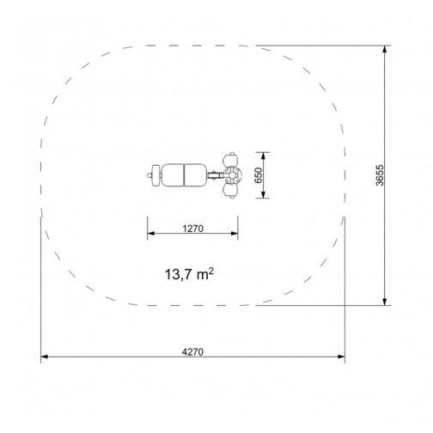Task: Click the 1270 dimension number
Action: [193, 229]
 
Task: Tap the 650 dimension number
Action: [259, 175]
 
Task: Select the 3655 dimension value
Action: [380, 175]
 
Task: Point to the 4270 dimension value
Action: [192, 351]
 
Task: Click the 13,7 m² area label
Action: [189, 274]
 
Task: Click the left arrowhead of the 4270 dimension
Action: [45, 357]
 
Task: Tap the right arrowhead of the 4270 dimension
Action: [341, 357]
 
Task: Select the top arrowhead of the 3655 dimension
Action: [385, 49]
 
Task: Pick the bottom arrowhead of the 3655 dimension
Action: [385, 302]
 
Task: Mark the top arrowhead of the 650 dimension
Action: [263, 156]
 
